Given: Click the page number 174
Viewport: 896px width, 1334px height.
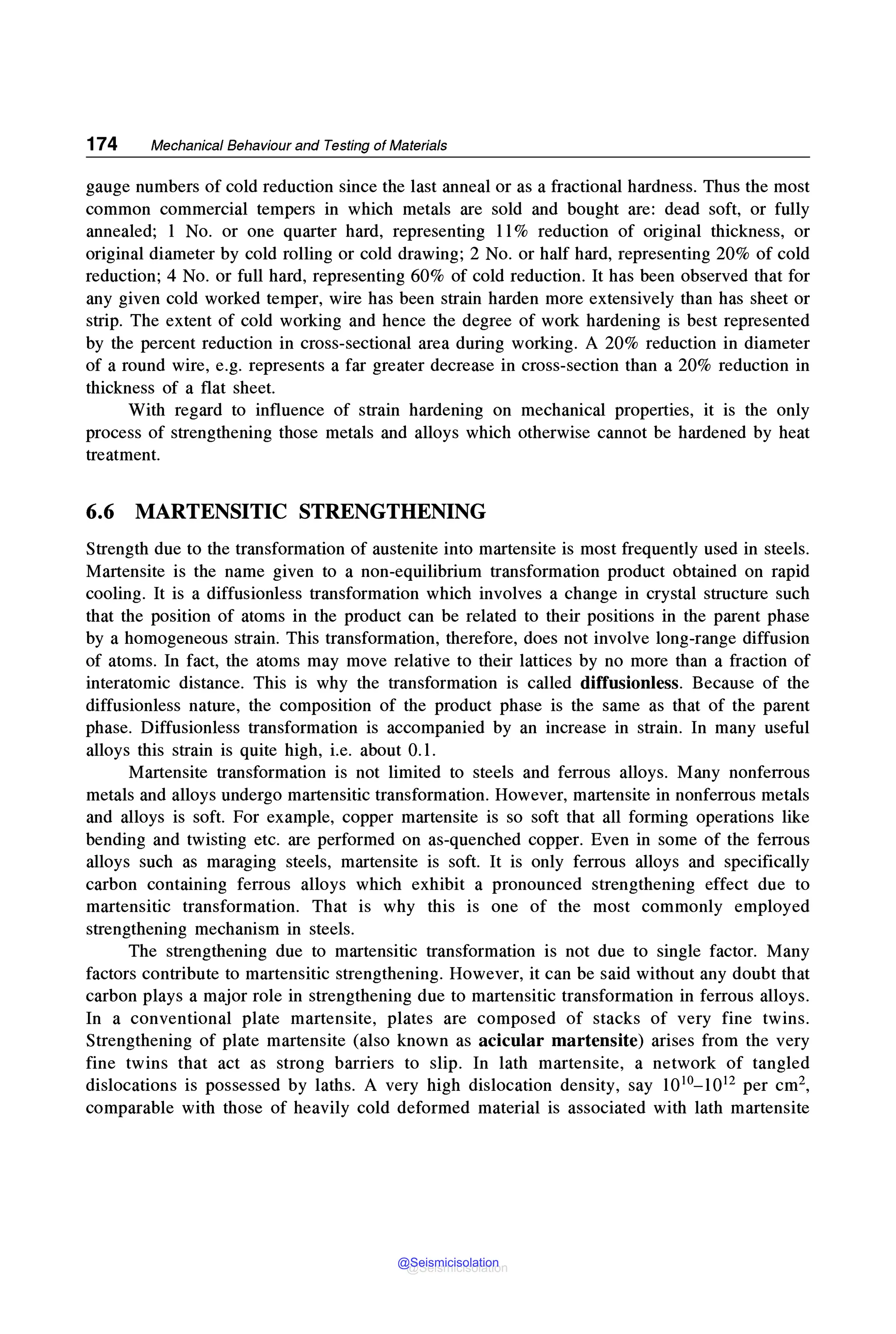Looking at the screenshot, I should coord(101,144).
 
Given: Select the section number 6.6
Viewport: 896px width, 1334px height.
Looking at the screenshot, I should coord(100,511).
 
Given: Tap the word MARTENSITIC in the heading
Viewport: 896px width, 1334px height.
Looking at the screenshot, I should coord(211,511).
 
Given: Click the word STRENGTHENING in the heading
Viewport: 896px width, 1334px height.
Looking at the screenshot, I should coord(392,511).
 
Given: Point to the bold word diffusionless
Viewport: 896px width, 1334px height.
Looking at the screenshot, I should coord(629,683).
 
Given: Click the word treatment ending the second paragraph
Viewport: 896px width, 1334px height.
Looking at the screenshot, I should coord(122,455).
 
